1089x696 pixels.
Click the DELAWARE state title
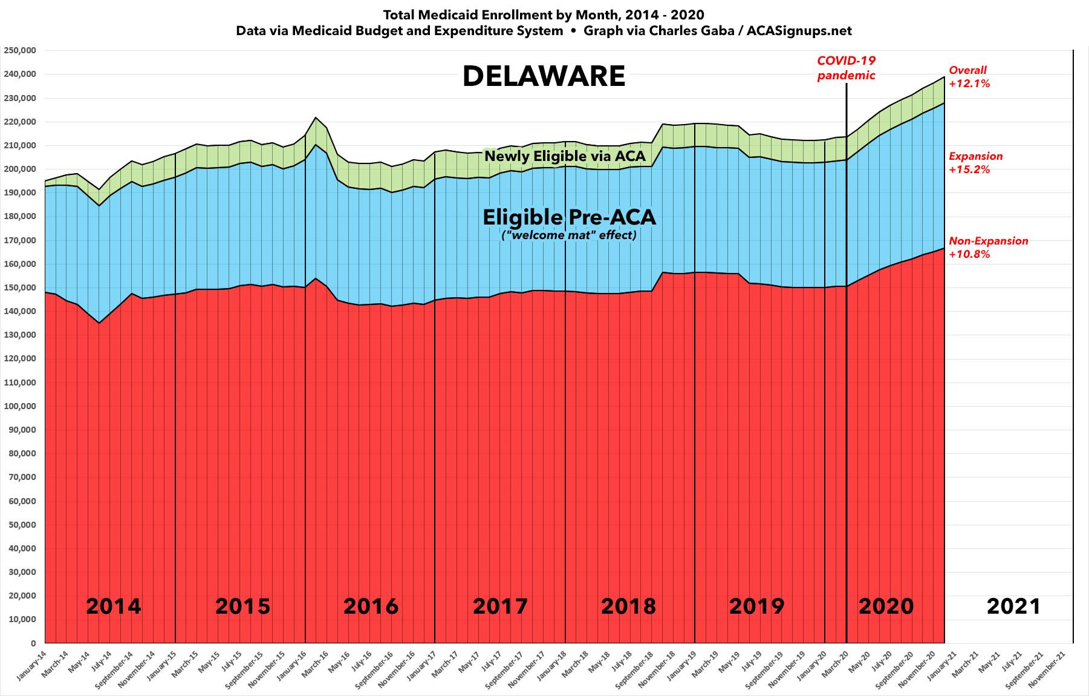point(544,77)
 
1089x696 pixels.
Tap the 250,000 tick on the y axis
point(20,50)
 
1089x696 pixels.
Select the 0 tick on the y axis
point(33,643)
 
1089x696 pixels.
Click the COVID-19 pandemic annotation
point(846,68)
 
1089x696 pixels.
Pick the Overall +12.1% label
point(969,77)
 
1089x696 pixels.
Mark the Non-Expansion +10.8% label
point(988,248)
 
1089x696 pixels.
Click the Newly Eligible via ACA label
point(565,156)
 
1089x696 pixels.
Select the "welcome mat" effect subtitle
point(568,235)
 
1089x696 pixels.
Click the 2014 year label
point(113,606)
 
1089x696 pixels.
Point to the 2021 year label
point(1013,606)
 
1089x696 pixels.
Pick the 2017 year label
point(499,606)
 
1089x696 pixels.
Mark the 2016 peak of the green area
point(316,117)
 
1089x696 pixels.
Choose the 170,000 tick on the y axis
point(20,240)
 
